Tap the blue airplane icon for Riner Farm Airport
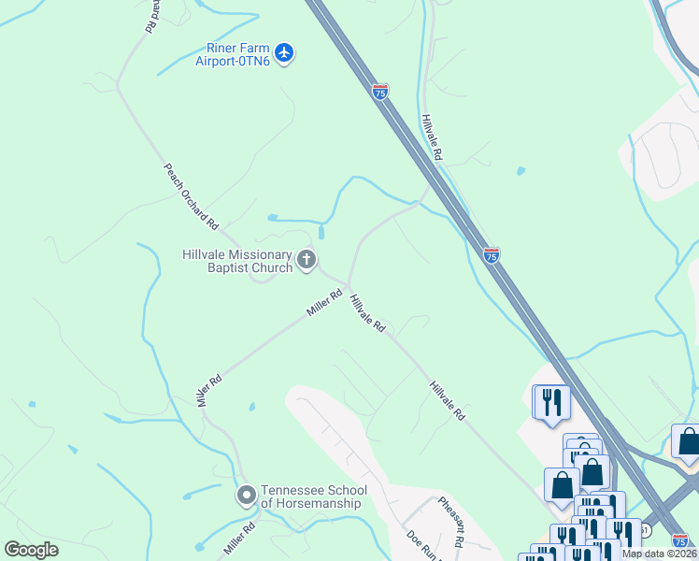(285, 52)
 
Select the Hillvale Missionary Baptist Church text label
(237, 261)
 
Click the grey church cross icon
(307, 260)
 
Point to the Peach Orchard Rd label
(191, 197)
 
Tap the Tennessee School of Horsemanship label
(313, 496)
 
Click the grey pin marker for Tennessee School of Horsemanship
(247, 495)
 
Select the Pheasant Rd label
(451, 522)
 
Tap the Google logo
(31, 550)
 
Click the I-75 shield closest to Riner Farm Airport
(379, 92)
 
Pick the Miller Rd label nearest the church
(324, 302)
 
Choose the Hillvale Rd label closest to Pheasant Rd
(448, 400)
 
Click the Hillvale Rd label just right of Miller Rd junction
(367, 314)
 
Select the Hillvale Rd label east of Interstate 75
(431, 137)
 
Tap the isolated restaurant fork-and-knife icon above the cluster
(551, 402)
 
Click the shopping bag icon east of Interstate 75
(688, 441)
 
